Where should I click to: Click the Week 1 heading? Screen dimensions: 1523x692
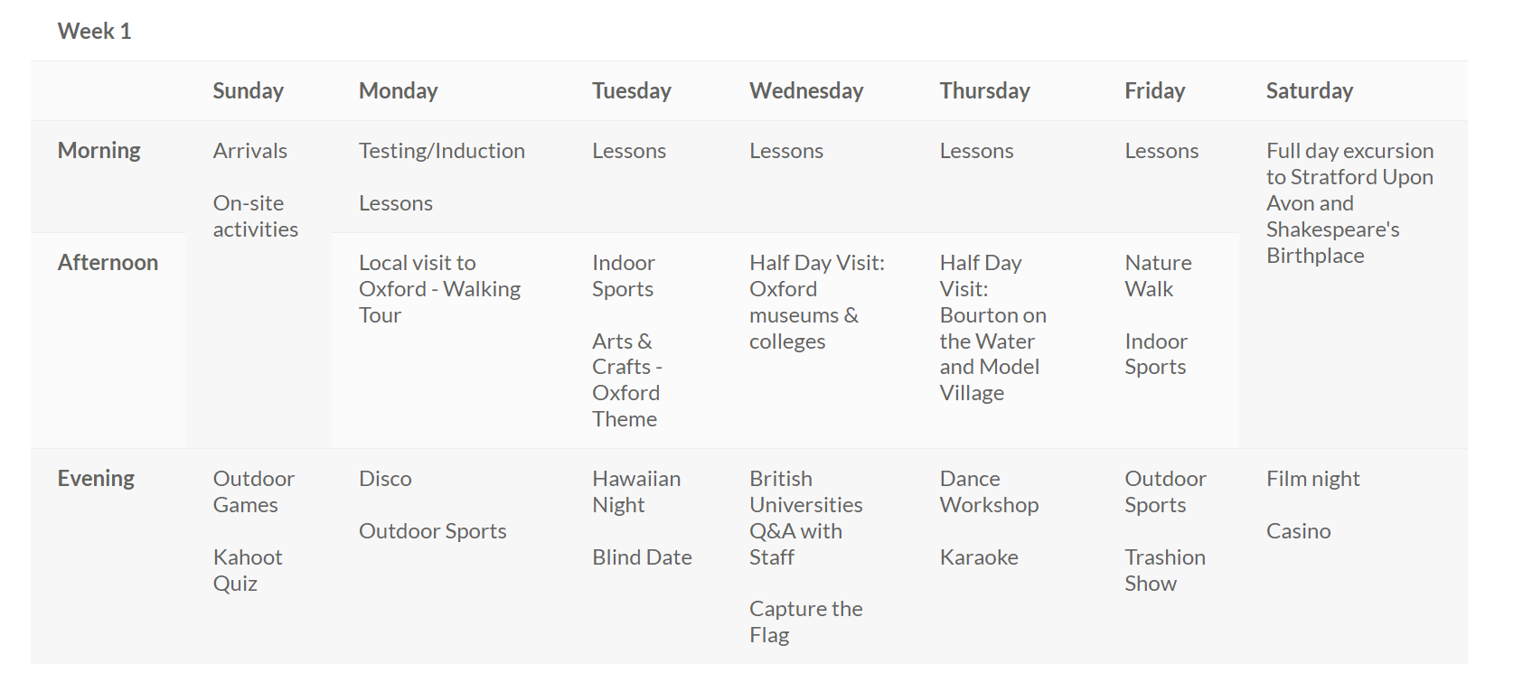coord(95,32)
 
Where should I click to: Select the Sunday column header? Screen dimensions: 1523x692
coord(249,91)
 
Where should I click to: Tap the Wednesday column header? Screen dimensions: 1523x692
coord(806,91)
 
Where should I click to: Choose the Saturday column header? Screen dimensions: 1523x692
coord(1310,91)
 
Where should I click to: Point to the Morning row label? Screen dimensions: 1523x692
coord(99,151)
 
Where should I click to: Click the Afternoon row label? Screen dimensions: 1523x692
coord(108,262)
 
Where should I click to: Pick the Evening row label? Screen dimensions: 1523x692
coord(96,479)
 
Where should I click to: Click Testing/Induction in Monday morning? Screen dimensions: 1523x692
coord(442,151)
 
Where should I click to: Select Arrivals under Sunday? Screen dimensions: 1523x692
coord(250,151)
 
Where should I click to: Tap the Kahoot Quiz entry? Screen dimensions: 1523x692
coord(248,570)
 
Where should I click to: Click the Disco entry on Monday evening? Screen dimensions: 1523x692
coord(386,479)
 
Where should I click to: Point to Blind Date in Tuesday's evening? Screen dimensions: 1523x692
coord(642,557)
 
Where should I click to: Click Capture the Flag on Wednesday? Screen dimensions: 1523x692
coord(805,622)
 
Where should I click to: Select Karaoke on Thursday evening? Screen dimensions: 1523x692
coord(979,557)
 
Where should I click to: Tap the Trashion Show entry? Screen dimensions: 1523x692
coord(1165,570)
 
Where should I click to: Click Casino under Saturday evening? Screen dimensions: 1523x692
coord(1299,531)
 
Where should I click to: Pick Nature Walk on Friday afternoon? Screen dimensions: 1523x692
coord(1159,276)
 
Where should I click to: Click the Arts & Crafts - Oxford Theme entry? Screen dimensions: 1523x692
coord(627,380)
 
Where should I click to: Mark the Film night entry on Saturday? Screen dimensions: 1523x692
coord(1313,479)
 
